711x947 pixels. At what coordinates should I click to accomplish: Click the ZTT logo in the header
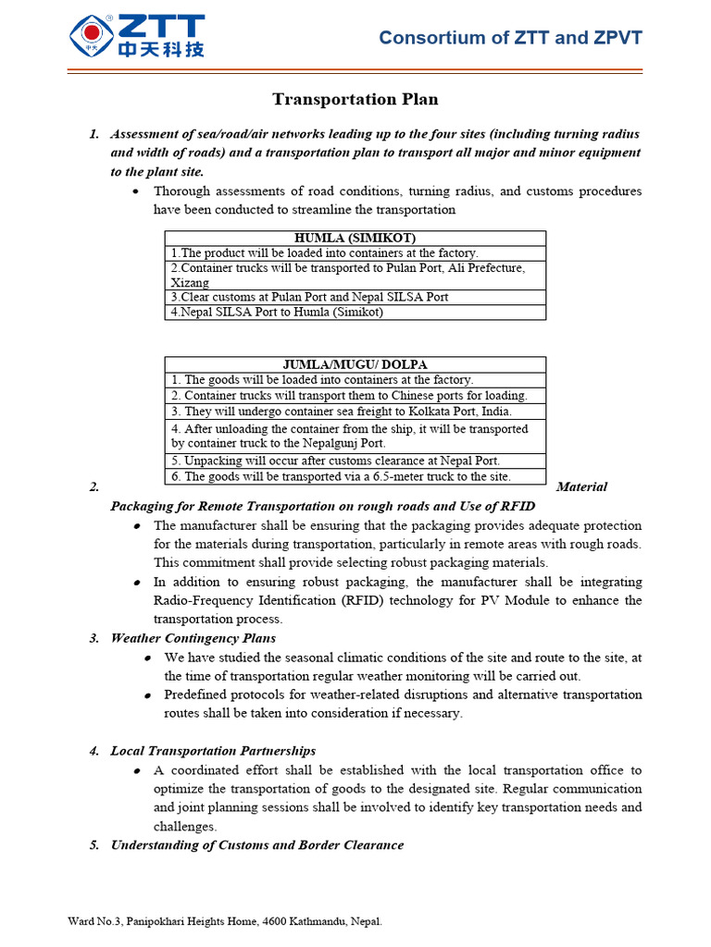tap(136, 36)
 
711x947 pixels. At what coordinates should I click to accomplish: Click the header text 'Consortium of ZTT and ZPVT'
tap(510, 38)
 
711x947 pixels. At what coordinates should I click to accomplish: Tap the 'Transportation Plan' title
tap(355, 99)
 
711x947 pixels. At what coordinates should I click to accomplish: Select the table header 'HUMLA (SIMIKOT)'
tap(355, 238)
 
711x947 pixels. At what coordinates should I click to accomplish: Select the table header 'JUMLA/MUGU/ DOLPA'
tap(355, 364)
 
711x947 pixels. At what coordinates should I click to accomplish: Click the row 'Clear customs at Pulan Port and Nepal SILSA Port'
tap(309, 297)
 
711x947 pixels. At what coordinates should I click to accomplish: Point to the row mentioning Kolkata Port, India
tap(341, 412)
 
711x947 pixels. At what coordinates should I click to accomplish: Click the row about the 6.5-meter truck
tap(341, 476)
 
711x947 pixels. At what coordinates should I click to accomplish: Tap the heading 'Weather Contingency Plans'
tap(193, 638)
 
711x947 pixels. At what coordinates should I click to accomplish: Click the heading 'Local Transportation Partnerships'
tap(213, 751)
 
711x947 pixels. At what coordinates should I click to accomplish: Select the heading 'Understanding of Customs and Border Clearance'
tap(256, 844)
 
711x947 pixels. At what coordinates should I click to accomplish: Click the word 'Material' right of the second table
tap(582, 486)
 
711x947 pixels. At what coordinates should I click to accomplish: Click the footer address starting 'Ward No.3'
tap(225, 921)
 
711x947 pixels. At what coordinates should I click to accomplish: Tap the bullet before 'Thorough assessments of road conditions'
tap(136, 191)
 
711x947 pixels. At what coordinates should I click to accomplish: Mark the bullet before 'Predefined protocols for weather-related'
tap(147, 695)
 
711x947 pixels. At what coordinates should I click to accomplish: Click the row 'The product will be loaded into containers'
tap(324, 252)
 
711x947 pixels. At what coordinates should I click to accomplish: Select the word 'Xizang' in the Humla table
tap(190, 282)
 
